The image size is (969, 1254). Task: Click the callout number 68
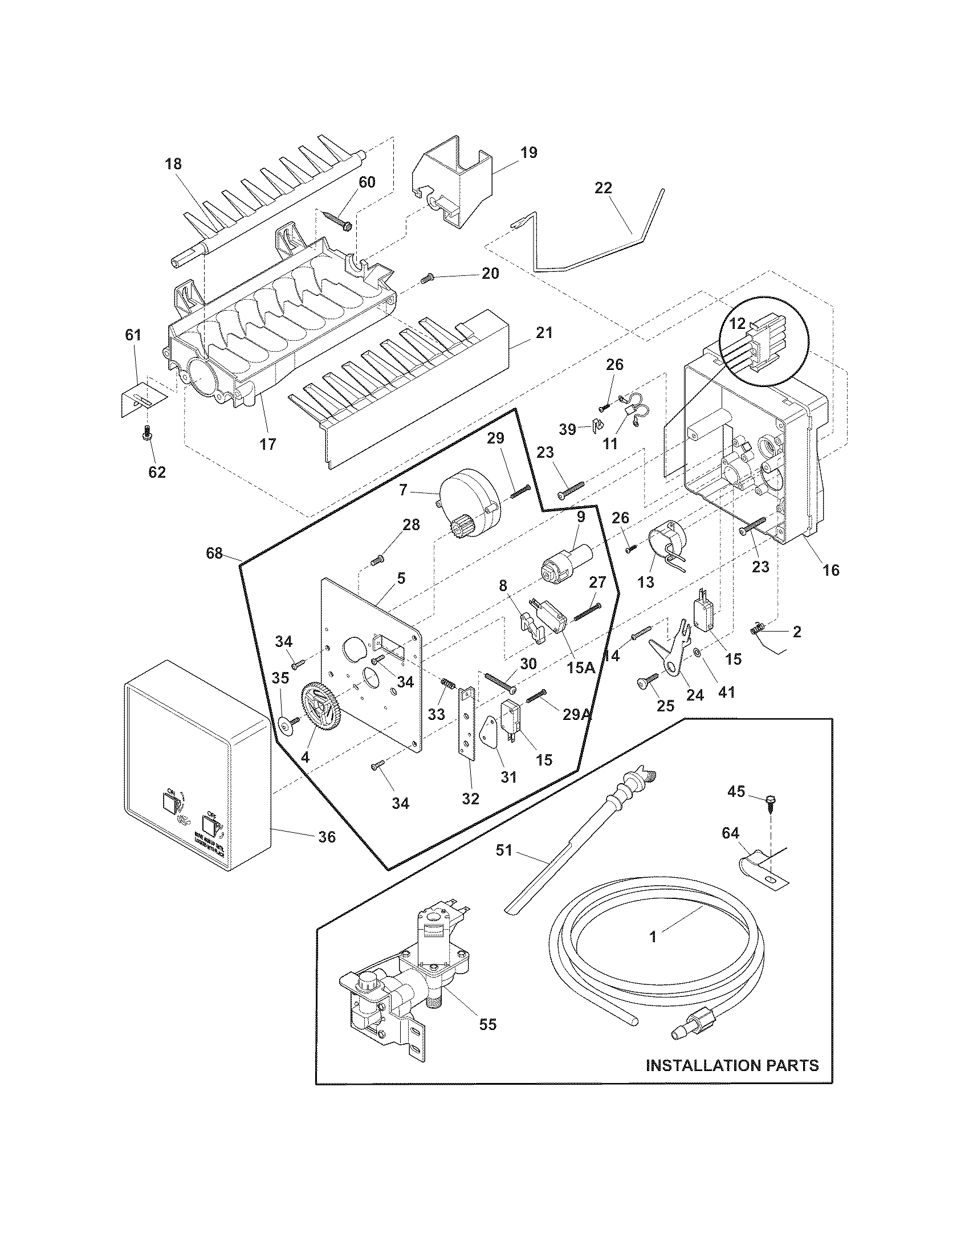(x=215, y=553)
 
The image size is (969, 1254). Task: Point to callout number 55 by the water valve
(x=487, y=1024)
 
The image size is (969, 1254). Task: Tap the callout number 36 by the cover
(x=327, y=837)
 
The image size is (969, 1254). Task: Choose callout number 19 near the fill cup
(x=529, y=153)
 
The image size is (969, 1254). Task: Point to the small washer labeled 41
(x=696, y=652)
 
